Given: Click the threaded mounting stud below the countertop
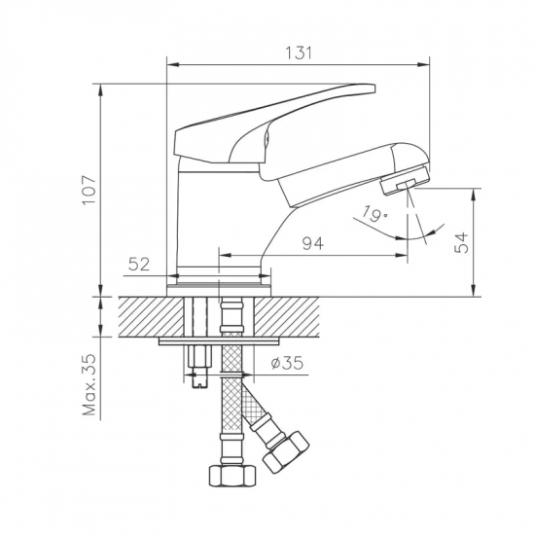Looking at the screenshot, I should pyautogui.click(x=199, y=365).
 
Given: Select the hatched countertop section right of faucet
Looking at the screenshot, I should pyautogui.click(x=292, y=316).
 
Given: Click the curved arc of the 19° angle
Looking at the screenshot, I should pyautogui.click(x=379, y=232).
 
